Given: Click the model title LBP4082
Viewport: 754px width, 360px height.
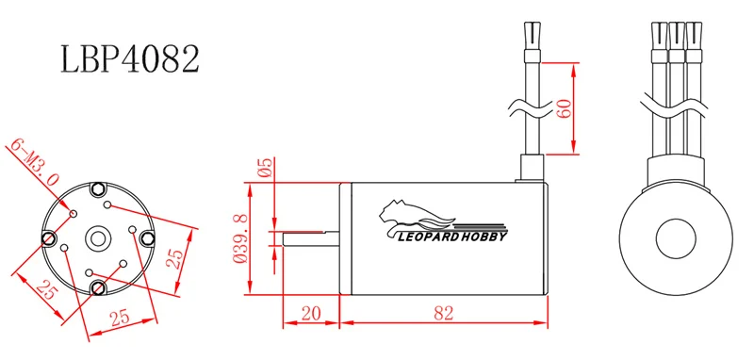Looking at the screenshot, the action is [x=130, y=59].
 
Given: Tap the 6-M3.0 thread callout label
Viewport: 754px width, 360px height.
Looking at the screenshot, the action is [x=35, y=163].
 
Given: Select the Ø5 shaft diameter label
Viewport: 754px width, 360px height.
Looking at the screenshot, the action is [x=265, y=168].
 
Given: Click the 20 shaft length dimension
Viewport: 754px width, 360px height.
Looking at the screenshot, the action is [x=312, y=314].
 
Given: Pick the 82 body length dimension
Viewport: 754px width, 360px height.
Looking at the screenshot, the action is [x=443, y=314].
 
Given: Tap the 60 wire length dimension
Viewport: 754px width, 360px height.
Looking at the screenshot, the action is [x=563, y=108].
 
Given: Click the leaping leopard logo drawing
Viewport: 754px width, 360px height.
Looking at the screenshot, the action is [x=416, y=215].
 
